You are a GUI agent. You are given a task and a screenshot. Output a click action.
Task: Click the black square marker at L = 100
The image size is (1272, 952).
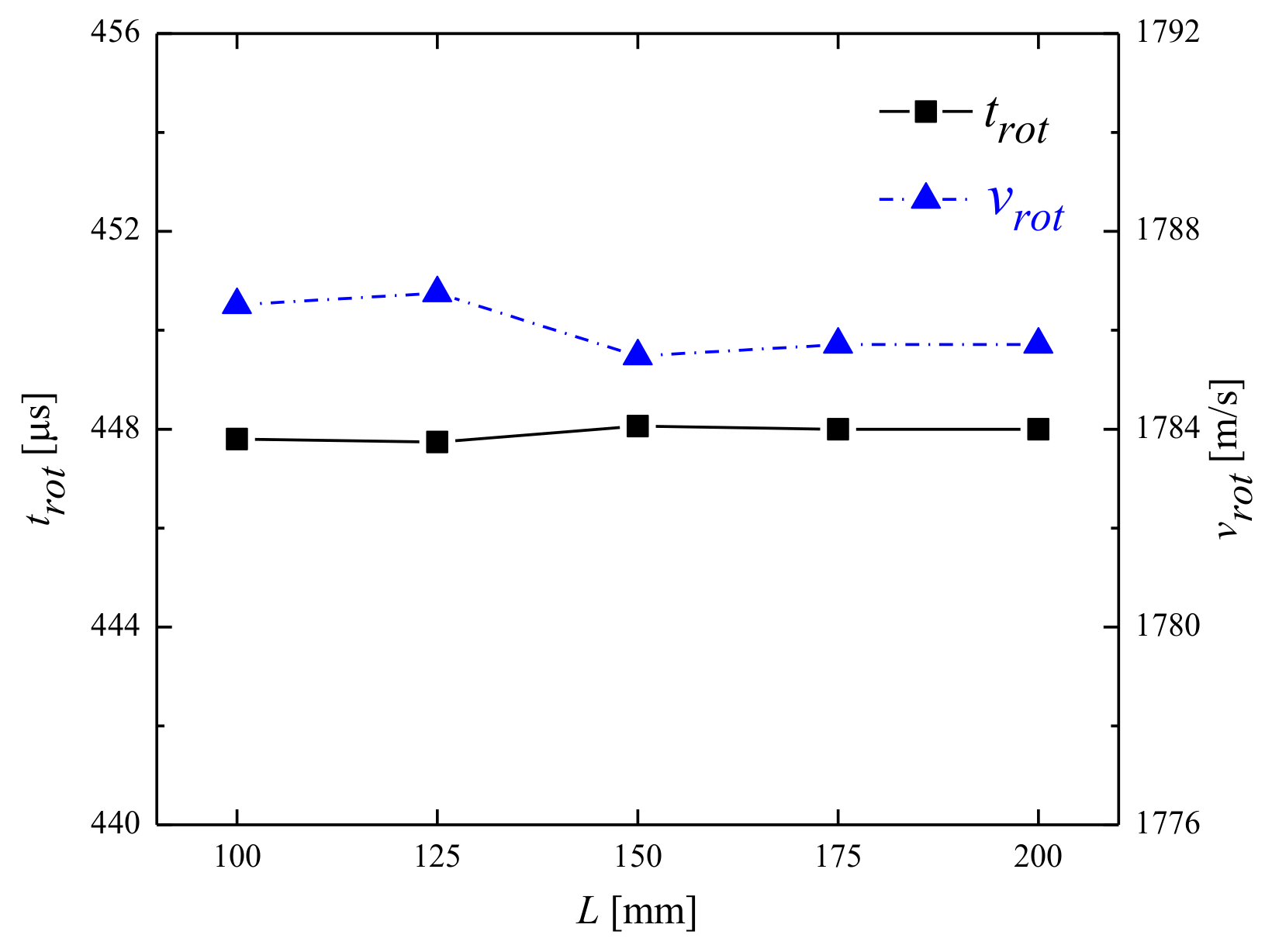click(x=237, y=439)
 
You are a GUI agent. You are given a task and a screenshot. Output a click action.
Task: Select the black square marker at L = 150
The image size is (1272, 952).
click(x=638, y=426)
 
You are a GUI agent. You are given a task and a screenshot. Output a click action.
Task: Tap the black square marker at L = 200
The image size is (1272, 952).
click(x=1039, y=429)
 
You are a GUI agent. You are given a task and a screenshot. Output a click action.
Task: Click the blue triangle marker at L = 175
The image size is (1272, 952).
click(x=838, y=343)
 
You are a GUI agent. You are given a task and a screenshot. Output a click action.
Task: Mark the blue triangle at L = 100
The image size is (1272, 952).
click(x=237, y=303)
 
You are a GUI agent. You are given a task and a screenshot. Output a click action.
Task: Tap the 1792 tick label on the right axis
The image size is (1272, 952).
click(x=1167, y=33)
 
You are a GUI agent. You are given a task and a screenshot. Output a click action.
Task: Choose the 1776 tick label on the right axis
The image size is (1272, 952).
click(x=1167, y=823)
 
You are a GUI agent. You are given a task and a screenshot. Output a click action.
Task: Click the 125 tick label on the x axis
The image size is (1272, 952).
click(x=437, y=858)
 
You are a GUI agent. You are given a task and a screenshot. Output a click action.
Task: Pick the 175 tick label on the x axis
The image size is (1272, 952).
click(x=838, y=858)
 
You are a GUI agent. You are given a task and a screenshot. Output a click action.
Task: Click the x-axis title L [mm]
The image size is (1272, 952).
click(x=637, y=912)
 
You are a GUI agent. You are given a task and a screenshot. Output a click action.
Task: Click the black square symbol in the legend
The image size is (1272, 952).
click(x=925, y=112)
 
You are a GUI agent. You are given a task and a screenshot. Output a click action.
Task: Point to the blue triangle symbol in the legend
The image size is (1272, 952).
click(x=925, y=197)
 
